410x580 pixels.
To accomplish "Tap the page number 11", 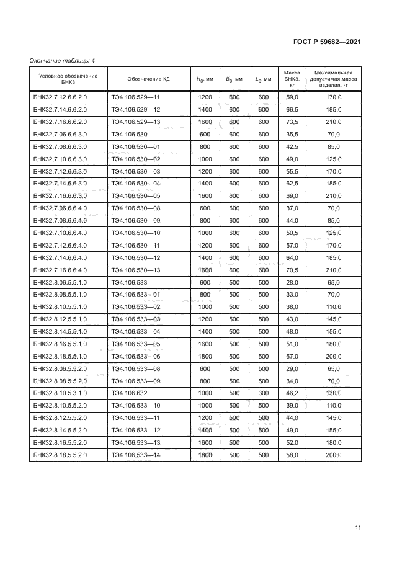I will tap(358, 528).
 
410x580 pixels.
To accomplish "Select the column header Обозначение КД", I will tap(149, 79).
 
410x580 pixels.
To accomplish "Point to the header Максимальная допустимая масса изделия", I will tap(334, 79).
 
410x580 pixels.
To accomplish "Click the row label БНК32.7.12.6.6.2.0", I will tap(60, 97).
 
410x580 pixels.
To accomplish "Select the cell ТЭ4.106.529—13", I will tap(136, 122).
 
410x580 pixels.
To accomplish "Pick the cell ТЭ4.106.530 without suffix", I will tap(127, 135).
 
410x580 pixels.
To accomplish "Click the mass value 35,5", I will tap(292, 135).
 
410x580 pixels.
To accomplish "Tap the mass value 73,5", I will tap(292, 122).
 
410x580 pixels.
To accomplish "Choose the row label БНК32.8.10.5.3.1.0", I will tap(60, 393).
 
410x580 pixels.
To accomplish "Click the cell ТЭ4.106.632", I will tap(127, 393).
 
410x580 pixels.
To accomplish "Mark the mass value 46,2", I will tap(292, 393).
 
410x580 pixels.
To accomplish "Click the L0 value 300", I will tap(263, 393).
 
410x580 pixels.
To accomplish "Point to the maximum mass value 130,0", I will tap(334, 393).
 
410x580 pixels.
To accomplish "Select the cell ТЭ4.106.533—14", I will tap(136, 455).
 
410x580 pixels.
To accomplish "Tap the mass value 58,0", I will tap(292, 455).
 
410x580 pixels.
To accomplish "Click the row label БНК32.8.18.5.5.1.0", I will tap(60, 356).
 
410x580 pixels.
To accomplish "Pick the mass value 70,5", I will tap(292, 270).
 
